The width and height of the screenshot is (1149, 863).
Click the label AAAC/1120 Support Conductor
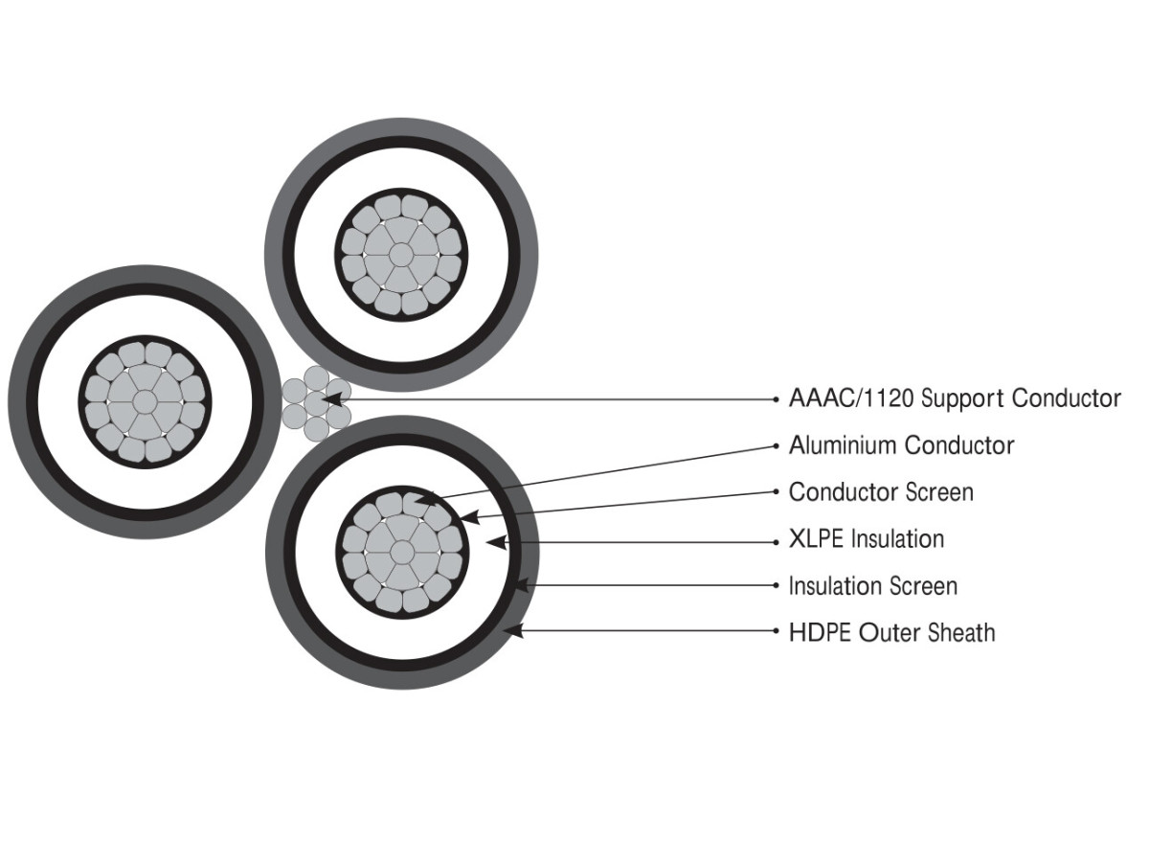click(954, 398)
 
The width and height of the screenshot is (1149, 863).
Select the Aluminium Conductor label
click(900, 445)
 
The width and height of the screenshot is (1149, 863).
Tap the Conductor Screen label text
click(880, 492)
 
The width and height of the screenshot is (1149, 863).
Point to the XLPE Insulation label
click(866, 539)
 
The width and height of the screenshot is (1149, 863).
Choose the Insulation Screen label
click(872, 585)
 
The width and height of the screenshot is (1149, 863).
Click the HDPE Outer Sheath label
click(890, 632)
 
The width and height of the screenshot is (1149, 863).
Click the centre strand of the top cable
click(400, 255)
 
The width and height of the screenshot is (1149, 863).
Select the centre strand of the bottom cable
click(401, 551)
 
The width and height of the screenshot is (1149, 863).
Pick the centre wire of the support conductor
click(317, 400)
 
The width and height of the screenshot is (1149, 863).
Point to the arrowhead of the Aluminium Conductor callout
click(427, 498)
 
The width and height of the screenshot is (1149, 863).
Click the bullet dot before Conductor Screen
click(776, 492)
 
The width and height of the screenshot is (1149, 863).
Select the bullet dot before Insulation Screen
click(776, 585)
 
